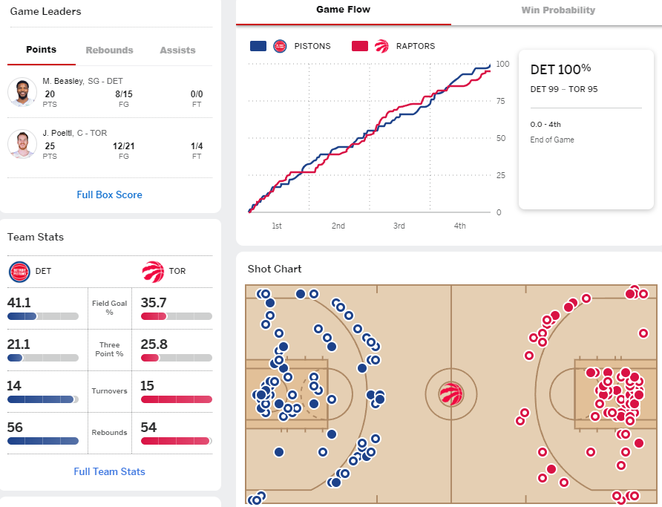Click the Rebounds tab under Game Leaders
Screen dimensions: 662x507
[x=109, y=50]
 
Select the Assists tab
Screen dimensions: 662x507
[x=177, y=50]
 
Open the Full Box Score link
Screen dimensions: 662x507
[x=109, y=194]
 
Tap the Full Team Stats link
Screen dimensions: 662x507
[x=109, y=471]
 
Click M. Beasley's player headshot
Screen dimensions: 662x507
[x=22, y=91]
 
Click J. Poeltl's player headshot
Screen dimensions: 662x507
[x=22, y=144]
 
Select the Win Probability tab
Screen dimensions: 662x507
[x=558, y=10]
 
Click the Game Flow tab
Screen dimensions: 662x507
[x=343, y=10]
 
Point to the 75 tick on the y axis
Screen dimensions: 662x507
[x=501, y=101]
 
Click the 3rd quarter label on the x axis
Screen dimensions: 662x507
[x=399, y=226]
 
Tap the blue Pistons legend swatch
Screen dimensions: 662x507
[x=258, y=46]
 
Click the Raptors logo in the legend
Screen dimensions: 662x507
[x=381, y=46]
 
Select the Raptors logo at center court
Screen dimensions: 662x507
[x=451, y=394]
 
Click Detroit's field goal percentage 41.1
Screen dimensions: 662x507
[x=19, y=303]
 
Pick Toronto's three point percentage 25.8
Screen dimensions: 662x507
[x=154, y=344]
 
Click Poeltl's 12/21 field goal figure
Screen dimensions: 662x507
[x=124, y=146]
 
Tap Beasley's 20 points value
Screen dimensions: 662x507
[x=50, y=94]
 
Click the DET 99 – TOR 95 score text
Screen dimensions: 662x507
[x=564, y=89]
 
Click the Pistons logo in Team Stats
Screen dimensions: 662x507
[x=19, y=272]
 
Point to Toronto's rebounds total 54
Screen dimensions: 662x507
[x=148, y=428]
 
